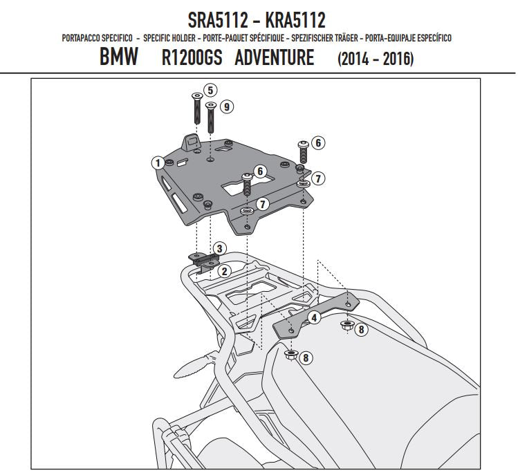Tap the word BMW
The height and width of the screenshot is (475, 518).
[118, 58]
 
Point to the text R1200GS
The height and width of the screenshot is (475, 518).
[192, 58]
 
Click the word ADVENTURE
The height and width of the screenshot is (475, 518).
[274, 58]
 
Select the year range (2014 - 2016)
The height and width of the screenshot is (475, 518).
[375, 59]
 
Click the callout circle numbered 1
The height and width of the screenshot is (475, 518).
[158, 162]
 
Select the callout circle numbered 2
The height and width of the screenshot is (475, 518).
[224, 272]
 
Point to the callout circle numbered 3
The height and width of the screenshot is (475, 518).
[219, 248]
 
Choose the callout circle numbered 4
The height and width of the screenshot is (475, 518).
[314, 318]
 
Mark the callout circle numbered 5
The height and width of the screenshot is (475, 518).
[211, 89]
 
